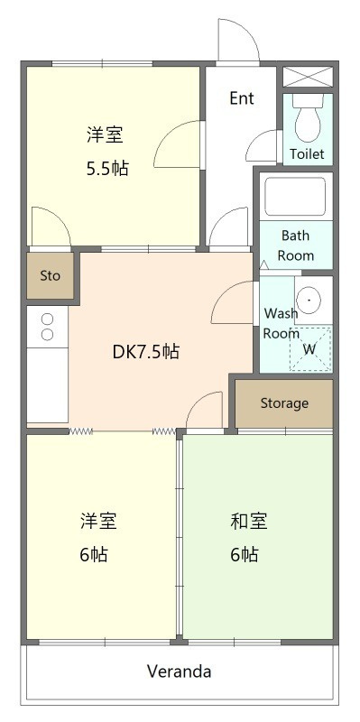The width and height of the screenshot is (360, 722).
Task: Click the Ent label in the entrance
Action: coord(242,98)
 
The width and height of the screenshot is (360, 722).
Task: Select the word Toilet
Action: coord(307,153)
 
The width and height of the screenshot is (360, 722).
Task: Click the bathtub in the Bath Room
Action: coord(295,196)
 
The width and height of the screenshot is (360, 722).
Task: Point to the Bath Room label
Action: coord(296,245)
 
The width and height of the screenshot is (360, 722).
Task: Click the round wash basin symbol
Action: coord(309,300)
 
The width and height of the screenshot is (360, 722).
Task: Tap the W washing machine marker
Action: coord(309,349)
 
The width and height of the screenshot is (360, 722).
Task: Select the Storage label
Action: coord(284,403)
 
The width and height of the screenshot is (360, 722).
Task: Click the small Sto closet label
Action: coord(50,276)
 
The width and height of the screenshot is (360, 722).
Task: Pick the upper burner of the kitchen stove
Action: coord(47,319)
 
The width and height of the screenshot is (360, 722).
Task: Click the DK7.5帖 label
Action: coord(145,352)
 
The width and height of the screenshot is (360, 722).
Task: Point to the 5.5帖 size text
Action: coord(107,169)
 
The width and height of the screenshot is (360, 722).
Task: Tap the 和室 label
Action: coord(249,522)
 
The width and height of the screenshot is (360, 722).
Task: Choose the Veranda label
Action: coord(179,671)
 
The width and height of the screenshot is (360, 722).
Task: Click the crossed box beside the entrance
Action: coord(308,77)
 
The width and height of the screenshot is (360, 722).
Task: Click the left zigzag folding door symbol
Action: coord(81,431)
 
